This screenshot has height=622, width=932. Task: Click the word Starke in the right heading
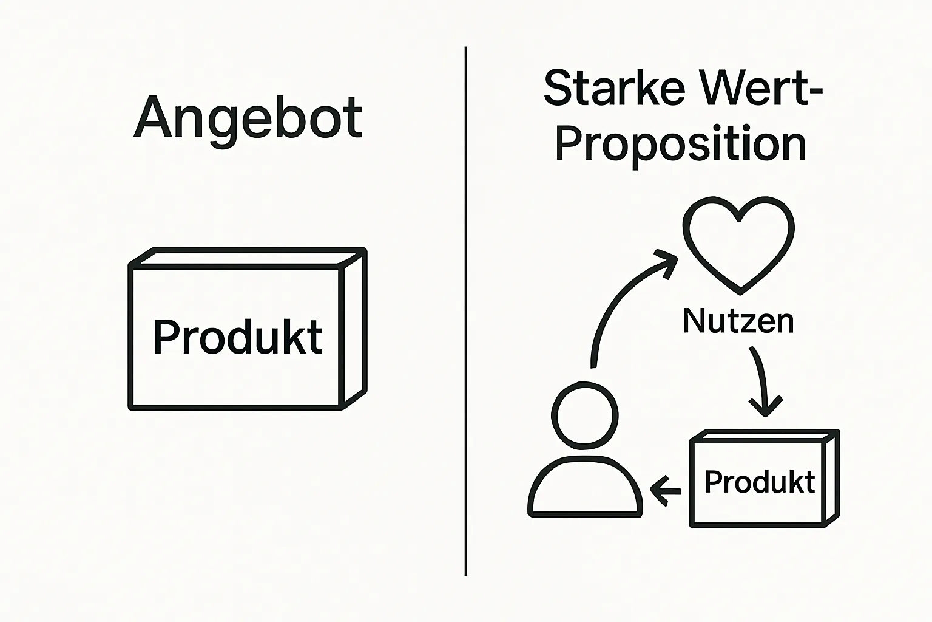pos(614,89)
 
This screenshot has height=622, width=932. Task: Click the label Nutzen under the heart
pos(738,321)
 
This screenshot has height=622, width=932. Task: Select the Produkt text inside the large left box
pos(237,337)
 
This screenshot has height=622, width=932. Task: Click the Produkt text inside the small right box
pos(760,482)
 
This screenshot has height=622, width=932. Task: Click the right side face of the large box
pos(355,328)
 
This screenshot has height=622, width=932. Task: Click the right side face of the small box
pos(831,477)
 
